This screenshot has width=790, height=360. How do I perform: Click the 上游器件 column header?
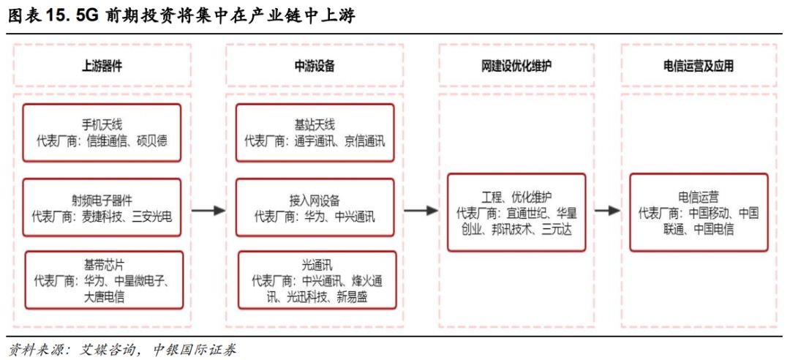point(102,67)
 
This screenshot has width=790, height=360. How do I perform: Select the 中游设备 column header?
point(315,67)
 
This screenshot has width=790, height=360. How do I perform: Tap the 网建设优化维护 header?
point(516,67)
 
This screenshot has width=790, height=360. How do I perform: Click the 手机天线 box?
point(102,132)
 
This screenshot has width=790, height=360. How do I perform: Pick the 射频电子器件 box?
point(102,207)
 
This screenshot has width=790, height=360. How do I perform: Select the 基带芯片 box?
point(104,280)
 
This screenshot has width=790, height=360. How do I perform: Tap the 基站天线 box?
point(315,132)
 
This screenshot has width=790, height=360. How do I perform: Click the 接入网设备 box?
point(315,207)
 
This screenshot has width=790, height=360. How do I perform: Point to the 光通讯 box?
point(317,280)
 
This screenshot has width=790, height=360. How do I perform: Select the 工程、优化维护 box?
point(516,212)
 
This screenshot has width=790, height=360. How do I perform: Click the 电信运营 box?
point(699,212)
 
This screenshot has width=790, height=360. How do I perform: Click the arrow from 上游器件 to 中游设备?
point(208,210)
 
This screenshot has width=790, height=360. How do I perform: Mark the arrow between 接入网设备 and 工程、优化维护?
point(421,210)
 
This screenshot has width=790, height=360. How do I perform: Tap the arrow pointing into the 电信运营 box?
point(607,210)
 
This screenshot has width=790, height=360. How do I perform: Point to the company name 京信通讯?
point(365,140)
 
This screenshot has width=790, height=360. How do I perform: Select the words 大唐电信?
point(104,297)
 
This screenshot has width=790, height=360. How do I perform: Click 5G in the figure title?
point(88,16)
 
